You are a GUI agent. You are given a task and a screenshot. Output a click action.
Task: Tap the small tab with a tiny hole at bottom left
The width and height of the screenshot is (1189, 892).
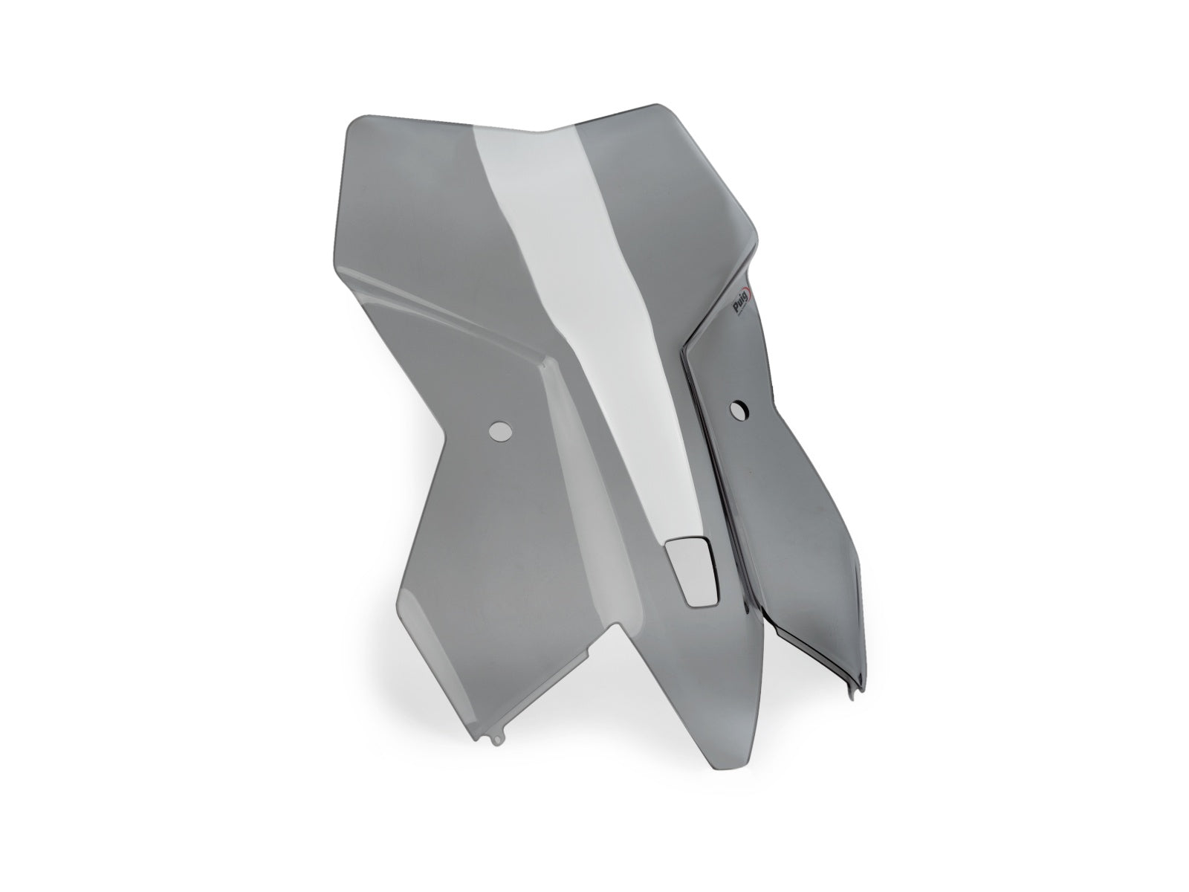pyautogui.click(x=497, y=756)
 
